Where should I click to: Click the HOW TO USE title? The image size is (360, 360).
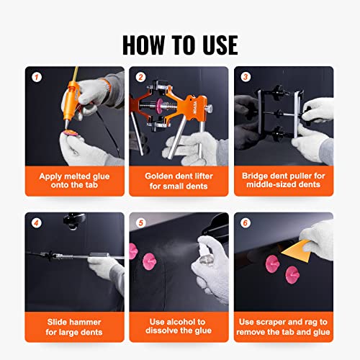(x=179, y=45)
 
